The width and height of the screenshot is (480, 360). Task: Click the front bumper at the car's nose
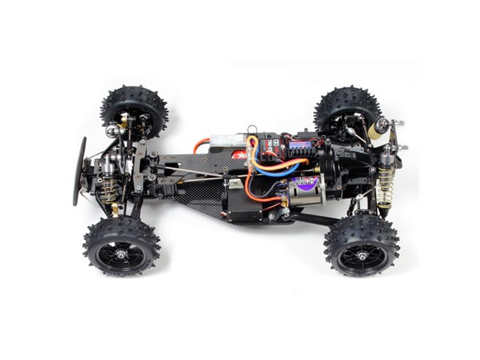tap(79, 171)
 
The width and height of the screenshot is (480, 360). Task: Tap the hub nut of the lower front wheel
tap(121, 245)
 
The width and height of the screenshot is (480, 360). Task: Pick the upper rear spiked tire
tap(348, 109)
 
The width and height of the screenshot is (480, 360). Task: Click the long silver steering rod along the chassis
tap(196, 172)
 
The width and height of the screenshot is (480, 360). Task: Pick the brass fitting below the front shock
tap(115, 210)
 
